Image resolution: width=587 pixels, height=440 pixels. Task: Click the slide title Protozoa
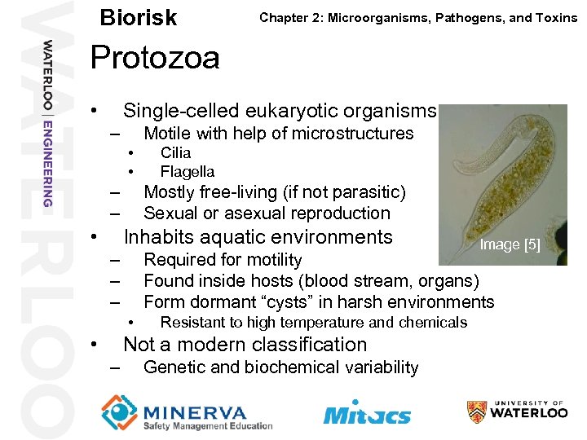coord(155,58)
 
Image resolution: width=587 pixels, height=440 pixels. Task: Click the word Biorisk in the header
coord(138,18)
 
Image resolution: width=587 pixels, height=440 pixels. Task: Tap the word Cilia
coord(175,152)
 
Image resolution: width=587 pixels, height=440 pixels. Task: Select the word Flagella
coord(188,171)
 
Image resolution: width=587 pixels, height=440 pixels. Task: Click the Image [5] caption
coord(510,244)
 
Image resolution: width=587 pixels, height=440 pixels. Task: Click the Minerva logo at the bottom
coord(187,412)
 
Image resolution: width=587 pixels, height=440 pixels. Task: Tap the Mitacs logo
coord(367,413)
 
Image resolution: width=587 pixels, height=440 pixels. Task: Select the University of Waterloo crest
coord(477,411)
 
